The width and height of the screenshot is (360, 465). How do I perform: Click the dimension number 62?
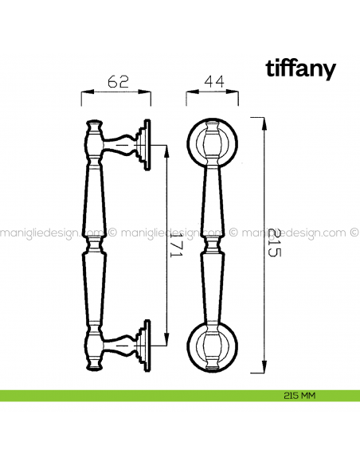click(x=117, y=80)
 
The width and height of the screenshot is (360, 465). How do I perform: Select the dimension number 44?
click(x=213, y=80)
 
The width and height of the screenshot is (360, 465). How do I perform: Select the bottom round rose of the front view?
click(x=213, y=344)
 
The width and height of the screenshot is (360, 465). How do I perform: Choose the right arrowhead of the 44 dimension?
click(x=237, y=94)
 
